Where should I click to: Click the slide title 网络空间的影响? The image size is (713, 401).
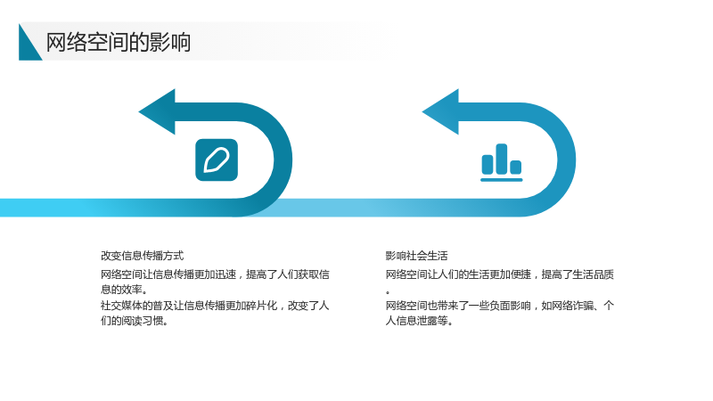[119, 42]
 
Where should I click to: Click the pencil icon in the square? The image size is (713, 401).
[217, 160]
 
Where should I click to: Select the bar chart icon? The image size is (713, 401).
[502, 163]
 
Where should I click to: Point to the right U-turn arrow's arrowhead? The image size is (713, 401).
[440, 112]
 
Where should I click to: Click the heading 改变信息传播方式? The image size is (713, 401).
[143, 256]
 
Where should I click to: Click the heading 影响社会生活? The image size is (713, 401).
[416, 256]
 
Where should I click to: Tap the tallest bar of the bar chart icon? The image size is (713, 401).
[502, 159]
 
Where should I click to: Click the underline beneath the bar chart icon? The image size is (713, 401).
[502, 180]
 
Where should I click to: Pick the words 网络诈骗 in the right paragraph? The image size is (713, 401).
[572, 306]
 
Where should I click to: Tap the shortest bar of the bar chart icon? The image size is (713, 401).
[516, 168]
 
